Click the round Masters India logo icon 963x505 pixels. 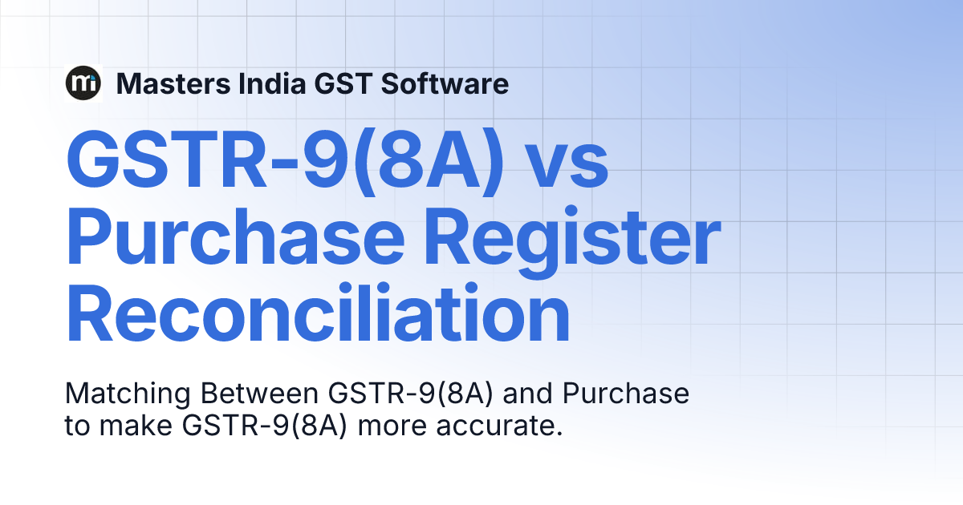point(83,83)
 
